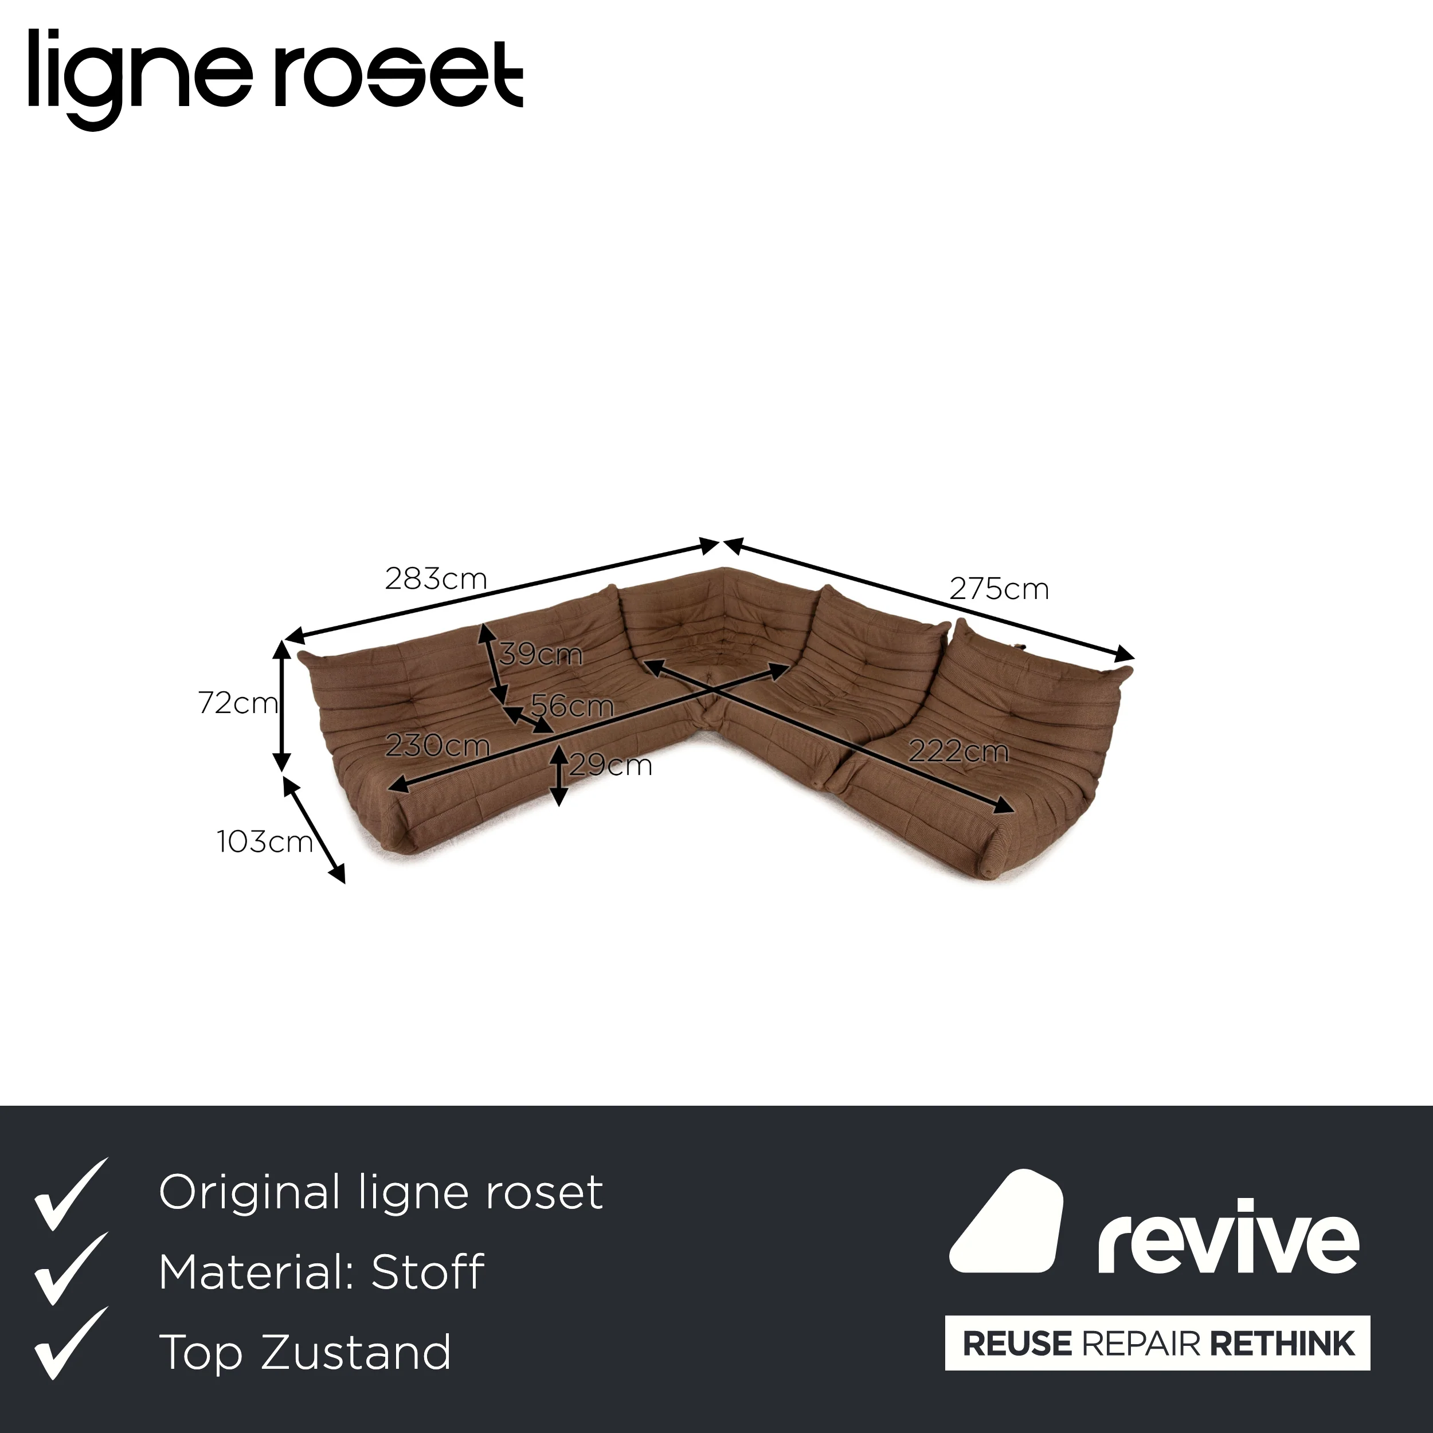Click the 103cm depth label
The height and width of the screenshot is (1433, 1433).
click(x=265, y=842)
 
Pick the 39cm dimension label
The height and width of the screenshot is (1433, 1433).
click(x=541, y=654)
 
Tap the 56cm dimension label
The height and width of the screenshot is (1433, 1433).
click(x=572, y=706)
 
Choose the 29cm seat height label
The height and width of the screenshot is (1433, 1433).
click(x=610, y=765)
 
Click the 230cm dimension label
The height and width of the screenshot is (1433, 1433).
click(x=437, y=745)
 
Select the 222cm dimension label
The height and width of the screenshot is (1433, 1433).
click(x=958, y=752)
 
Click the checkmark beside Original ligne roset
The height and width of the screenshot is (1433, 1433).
click(x=71, y=1193)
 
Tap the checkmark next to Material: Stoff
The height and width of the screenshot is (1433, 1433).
click(x=71, y=1271)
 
